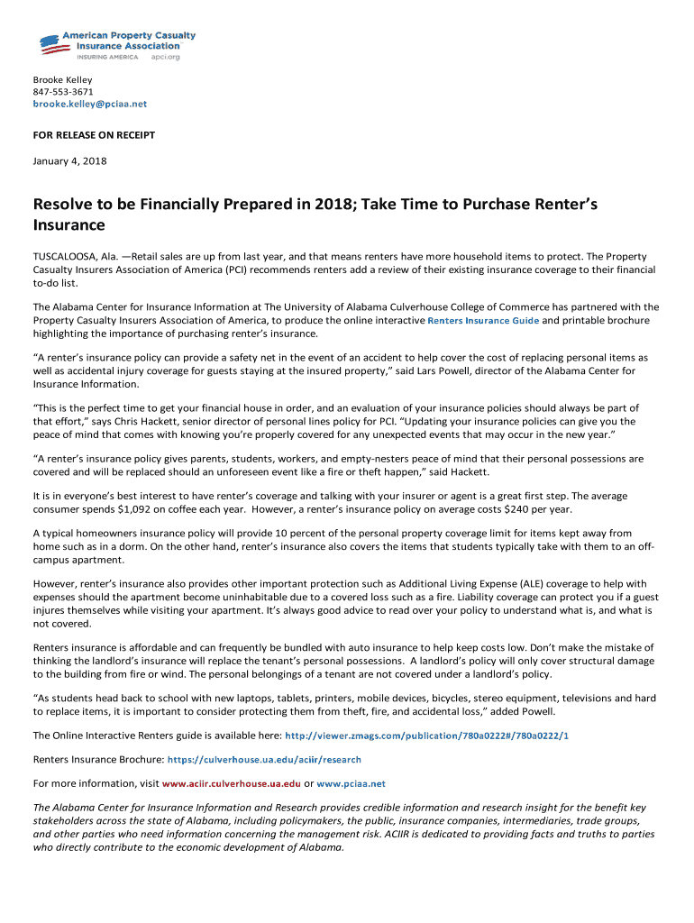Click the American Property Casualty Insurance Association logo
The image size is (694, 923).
116,45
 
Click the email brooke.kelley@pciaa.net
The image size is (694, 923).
89,104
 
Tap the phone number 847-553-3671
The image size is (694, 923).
63,92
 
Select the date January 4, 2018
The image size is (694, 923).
69,160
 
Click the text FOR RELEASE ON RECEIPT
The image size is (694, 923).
94,135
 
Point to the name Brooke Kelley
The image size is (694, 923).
62,80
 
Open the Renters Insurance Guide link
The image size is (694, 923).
483,320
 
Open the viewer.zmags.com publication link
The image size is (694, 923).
426,736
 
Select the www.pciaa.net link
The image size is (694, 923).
352,783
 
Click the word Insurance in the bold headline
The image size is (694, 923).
69,224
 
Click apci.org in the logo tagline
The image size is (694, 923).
165,57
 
